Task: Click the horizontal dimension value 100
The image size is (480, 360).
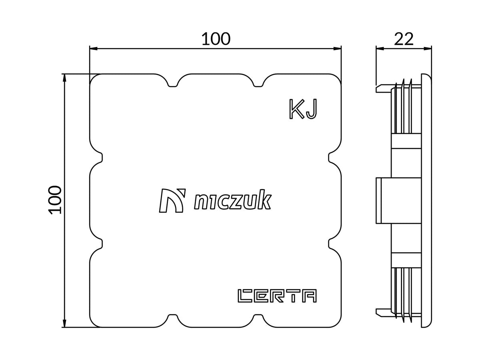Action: (x=216, y=39)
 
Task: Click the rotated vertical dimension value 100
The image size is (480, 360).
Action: (x=55, y=200)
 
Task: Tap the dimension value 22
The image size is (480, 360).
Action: (x=404, y=39)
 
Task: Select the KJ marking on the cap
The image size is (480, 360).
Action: (x=303, y=109)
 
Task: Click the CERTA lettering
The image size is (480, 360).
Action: (x=277, y=296)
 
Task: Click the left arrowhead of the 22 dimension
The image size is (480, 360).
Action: (x=380, y=49)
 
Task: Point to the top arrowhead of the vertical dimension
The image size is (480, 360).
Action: (x=64, y=78)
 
